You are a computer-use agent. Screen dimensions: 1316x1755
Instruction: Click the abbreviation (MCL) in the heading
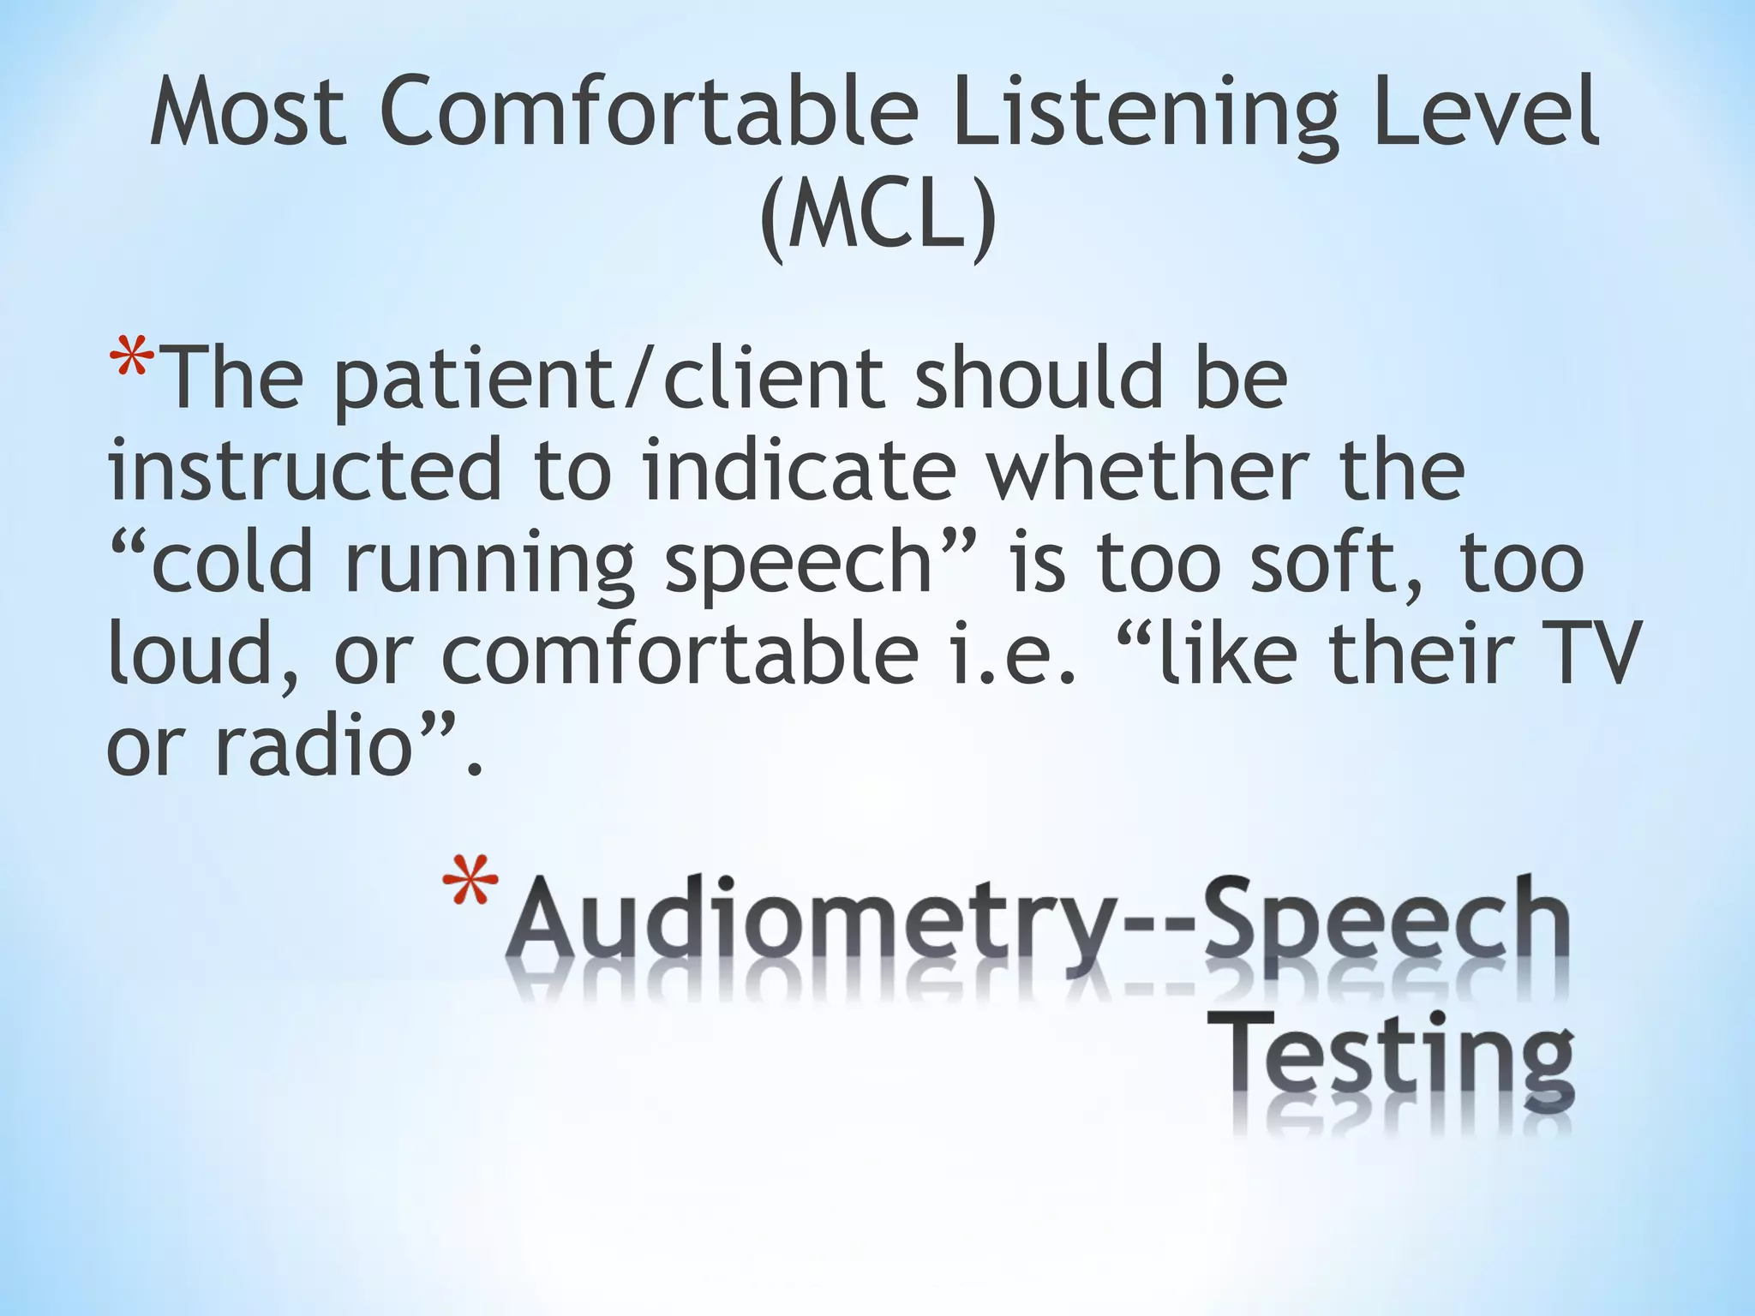(877, 218)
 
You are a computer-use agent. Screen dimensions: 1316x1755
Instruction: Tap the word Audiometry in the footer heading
(806, 930)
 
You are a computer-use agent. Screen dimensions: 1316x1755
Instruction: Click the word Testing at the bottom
(1393, 1062)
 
